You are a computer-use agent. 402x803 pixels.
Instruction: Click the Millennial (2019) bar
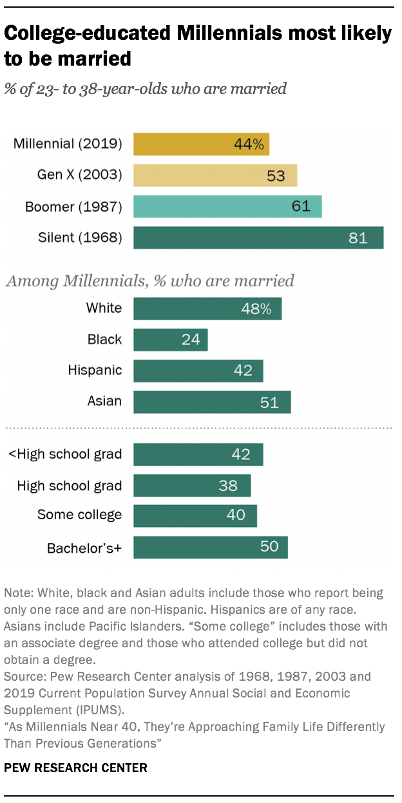point(201,144)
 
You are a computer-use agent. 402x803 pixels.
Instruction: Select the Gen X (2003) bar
point(215,175)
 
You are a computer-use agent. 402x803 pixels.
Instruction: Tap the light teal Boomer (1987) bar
point(227,206)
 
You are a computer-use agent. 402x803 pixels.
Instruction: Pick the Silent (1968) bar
point(258,237)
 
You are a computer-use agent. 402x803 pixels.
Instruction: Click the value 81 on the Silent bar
point(358,237)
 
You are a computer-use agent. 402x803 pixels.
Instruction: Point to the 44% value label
point(249,144)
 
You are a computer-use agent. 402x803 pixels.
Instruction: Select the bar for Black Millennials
point(170,339)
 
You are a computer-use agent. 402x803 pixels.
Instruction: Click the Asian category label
point(104,402)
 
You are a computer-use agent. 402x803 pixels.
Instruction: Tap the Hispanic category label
point(95,370)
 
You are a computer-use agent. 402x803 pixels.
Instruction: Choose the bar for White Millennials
point(207,308)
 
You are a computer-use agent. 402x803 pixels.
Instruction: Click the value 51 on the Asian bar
point(269,403)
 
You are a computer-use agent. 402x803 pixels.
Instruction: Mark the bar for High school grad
point(192,486)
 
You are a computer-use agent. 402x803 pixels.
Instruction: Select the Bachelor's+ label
point(84,548)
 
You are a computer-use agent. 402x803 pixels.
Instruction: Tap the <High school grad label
point(65,454)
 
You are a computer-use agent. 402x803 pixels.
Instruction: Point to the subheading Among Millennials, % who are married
point(149,281)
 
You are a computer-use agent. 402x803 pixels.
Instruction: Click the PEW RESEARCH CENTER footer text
point(75,768)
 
